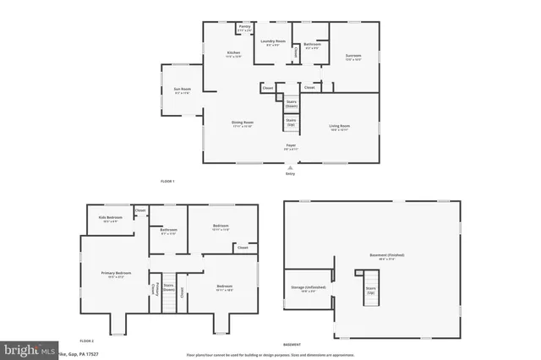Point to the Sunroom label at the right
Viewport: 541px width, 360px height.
[353, 57]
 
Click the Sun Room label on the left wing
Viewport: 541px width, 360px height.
[182, 90]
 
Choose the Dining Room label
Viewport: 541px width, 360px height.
[243, 123]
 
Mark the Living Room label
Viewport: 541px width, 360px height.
[340, 128]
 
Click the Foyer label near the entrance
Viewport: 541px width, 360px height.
[290, 146]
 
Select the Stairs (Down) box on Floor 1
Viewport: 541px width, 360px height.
[291, 104]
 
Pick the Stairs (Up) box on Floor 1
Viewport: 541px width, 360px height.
[291, 123]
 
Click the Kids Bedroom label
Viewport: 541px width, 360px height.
[111, 219]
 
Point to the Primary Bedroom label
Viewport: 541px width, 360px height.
[117, 275]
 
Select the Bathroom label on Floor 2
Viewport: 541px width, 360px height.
[168, 231]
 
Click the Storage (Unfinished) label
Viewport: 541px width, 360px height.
[309, 288]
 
